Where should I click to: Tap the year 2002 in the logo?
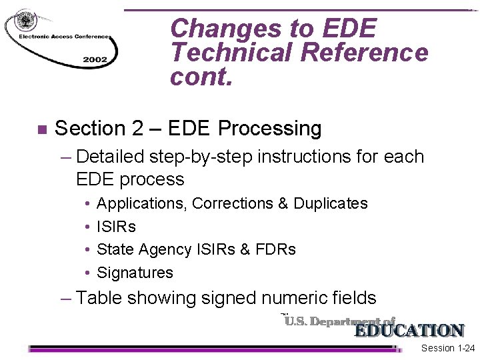pyautogui.click(x=95, y=59)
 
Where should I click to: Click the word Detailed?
pyautogui.click(x=111, y=157)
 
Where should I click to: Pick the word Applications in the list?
pyautogui.click(x=142, y=203)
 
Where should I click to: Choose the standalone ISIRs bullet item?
pyautogui.click(x=116, y=227)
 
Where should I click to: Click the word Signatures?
pyautogui.click(x=135, y=273)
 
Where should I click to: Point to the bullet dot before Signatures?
pyautogui.click(x=88, y=273)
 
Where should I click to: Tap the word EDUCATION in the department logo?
pyautogui.click(x=409, y=331)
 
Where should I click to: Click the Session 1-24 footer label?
pyautogui.click(x=448, y=349)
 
